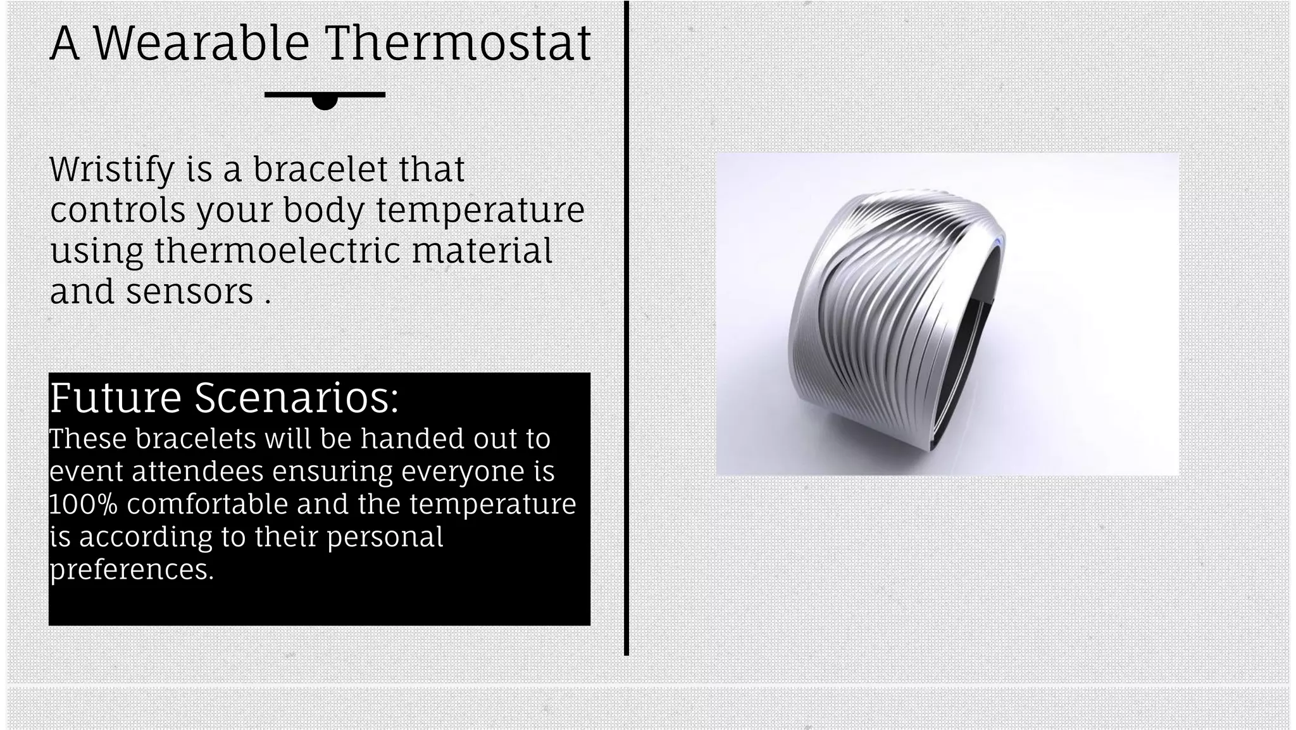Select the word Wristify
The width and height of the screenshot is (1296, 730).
[x=111, y=170]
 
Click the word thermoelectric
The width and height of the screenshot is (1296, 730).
[x=277, y=250]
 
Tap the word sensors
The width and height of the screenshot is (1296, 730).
[x=190, y=291]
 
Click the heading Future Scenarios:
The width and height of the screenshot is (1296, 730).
[x=224, y=398]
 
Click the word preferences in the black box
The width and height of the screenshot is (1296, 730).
[x=132, y=569]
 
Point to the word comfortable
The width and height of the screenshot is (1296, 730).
[x=206, y=504]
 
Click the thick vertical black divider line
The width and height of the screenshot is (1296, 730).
[x=626, y=329]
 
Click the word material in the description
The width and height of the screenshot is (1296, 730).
[x=482, y=250]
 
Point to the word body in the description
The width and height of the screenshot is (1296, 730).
[x=323, y=210]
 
